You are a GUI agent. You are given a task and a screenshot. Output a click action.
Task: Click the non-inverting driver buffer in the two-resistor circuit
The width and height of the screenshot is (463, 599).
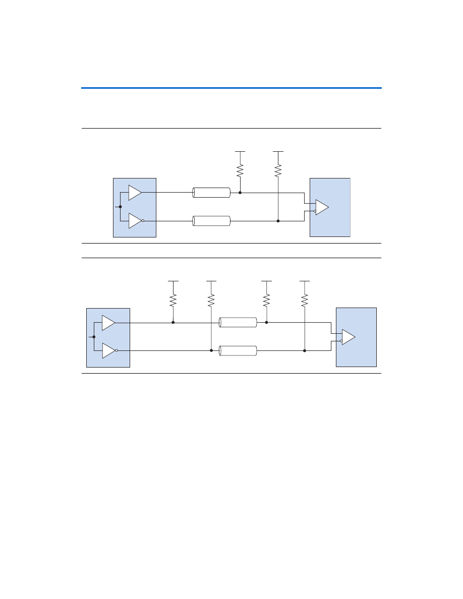(x=134, y=192)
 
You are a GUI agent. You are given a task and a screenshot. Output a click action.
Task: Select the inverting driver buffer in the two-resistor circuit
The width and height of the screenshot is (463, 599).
(x=134, y=221)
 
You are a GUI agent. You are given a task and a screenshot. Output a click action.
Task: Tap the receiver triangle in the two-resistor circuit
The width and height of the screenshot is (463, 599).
(x=321, y=207)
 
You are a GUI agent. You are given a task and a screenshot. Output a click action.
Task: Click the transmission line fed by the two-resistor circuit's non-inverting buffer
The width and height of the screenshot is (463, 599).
(x=211, y=192)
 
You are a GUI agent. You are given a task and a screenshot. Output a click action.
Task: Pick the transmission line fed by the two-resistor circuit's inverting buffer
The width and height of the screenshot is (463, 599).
(x=211, y=221)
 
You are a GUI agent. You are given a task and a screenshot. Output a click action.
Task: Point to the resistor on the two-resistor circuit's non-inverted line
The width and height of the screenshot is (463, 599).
(x=240, y=170)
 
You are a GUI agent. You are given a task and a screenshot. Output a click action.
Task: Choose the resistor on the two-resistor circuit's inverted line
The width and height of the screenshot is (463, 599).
(x=278, y=170)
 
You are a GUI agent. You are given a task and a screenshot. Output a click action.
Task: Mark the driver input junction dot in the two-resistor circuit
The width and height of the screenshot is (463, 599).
(x=120, y=207)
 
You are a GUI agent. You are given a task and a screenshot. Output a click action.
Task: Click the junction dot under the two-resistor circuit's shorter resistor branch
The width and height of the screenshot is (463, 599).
(x=240, y=192)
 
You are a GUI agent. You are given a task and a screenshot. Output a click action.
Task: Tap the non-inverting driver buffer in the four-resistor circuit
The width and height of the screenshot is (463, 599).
(x=108, y=322)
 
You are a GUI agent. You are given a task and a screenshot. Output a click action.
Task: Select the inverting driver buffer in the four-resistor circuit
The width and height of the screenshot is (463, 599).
(x=108, y=350)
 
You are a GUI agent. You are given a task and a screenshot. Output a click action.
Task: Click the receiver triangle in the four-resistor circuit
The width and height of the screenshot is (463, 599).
(x=348, y=337)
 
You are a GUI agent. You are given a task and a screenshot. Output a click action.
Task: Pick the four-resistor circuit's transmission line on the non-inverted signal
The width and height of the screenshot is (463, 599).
(x=238, y=322)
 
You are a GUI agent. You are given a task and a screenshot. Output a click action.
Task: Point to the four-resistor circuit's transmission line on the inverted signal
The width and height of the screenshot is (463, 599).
(x=238, y=350)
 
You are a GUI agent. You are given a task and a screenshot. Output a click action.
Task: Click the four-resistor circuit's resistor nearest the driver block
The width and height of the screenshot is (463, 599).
(x=173, y=301)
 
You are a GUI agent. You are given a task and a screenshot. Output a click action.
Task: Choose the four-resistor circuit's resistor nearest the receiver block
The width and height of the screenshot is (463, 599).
(x=304, y=301)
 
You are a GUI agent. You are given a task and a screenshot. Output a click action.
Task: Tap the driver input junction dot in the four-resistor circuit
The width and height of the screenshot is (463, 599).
(x=94, y=336)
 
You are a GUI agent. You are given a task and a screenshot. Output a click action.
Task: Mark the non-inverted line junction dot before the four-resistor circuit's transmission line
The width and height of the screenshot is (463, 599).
(x=173, y=322)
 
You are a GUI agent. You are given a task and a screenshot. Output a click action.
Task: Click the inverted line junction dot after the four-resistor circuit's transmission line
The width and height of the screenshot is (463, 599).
(x=304, y=350)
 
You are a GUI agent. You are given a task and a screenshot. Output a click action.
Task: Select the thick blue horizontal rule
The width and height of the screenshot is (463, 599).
(x=231, y=88)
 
